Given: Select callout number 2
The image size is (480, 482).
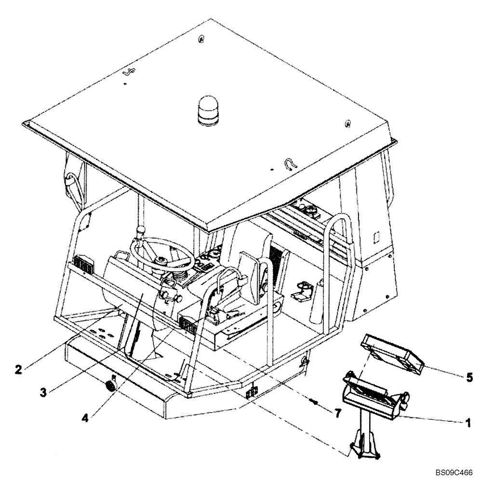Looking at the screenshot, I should pyautogui.click(x=18, y=370).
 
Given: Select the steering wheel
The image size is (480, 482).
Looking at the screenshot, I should pyautogui.click(x=162, y=254).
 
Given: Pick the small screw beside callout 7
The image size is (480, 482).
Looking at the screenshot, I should pyautogui.click(x=314, y=401).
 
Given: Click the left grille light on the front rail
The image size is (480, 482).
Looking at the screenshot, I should pyautogui.click(x=83, y=266).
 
